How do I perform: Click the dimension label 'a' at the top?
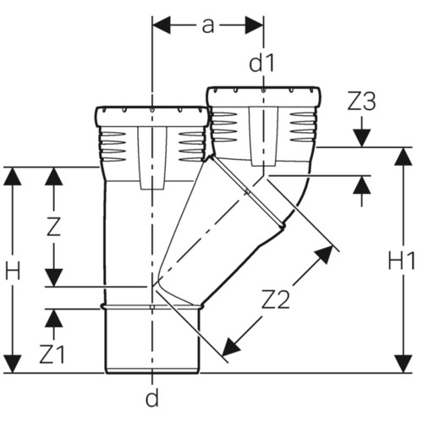(x=208, y=26)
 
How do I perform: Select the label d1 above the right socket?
(x=261, y=63)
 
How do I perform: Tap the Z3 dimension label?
(x=361, y=102)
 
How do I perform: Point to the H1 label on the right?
(x=402, y=261)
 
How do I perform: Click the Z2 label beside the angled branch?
(x=276, y=299)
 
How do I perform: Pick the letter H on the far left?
(x=13, y=271)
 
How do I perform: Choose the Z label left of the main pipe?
(x=53, y=227)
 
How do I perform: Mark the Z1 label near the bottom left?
(x=52, y=354)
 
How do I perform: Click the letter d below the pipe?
(x=152, y=398)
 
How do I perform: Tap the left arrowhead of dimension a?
(x=162, y=25)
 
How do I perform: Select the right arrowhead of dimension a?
(x=255, y=25)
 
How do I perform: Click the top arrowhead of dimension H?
(x=13, y=177)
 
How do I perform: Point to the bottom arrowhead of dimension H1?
(x=404, y=364)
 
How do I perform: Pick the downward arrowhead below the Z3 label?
(x=362, y=138)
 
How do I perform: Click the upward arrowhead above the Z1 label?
(x=53, y=318)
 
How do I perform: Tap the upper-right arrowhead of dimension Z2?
(x=324, y=255)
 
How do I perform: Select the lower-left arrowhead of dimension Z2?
(x=232, y=348)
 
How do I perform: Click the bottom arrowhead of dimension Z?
(x=53, y=277)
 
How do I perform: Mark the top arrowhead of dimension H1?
(x=404, y=157)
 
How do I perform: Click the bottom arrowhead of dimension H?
(x=13, y=364)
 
